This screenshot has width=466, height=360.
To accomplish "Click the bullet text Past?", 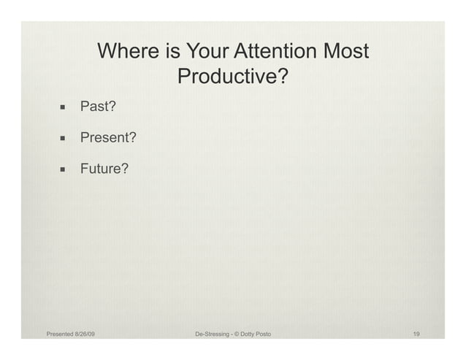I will point(99,108).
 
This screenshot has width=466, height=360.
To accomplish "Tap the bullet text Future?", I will point(104,169).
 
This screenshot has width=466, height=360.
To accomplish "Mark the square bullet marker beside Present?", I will point(64,139).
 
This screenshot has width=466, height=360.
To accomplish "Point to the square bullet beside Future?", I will point(64,170).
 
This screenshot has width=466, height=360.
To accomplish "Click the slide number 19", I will point(416,334).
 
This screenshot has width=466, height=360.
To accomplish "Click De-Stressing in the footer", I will point(213,334).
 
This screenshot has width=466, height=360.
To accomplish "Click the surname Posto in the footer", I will point(265,334).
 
